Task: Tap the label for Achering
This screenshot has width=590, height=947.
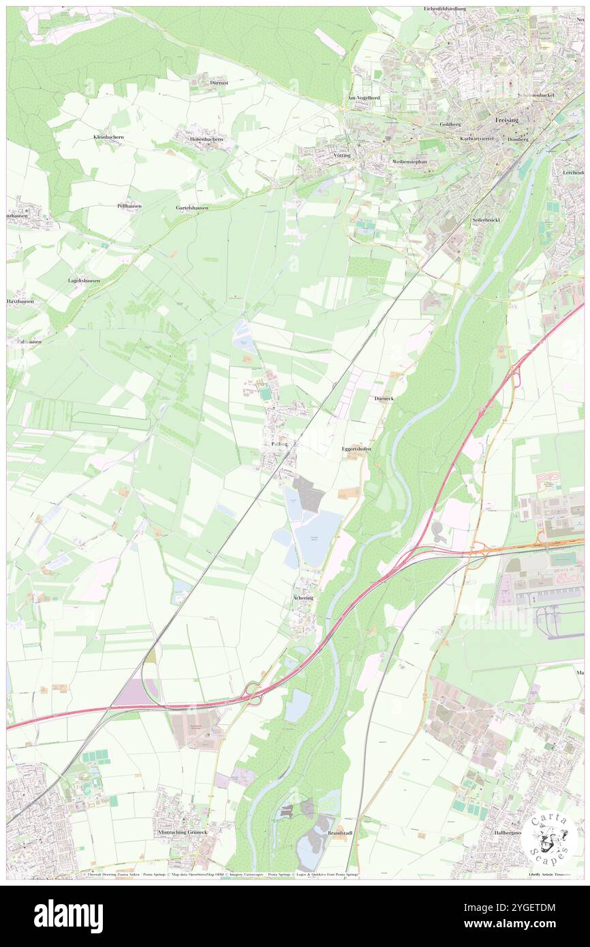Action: [x=303, y=597]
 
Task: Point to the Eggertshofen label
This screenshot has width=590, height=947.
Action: [x=356, y=450]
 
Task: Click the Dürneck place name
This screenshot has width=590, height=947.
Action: [x=384, y=398]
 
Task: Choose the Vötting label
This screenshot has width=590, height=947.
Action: [x=342, y=155]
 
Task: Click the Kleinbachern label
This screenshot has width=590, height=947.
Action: [x=109, y=137]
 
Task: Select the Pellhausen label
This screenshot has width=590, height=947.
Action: [x=129, y=205]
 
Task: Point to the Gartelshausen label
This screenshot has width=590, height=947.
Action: [x=192, y=207]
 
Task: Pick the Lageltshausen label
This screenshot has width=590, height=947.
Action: [x=84, y=280]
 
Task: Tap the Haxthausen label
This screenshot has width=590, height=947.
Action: [x=20, y=300]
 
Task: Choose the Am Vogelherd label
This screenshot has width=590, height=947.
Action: [x=363, y=97]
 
